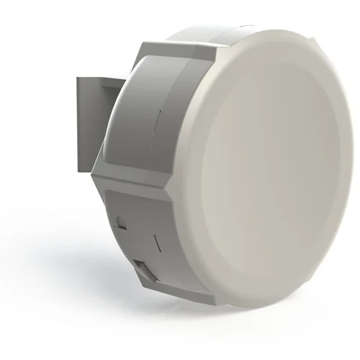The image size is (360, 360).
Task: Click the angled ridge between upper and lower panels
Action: pyautogui.click(x=137, y=184)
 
